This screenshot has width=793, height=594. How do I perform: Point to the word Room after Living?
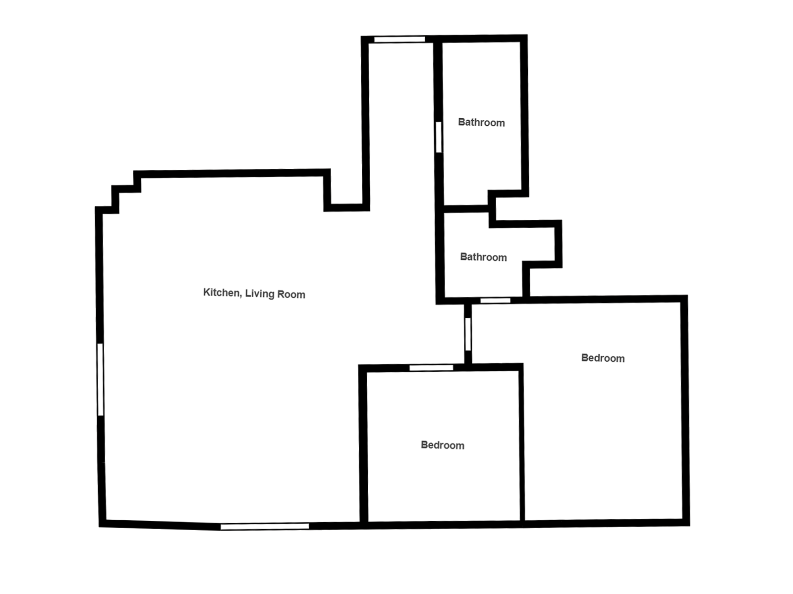291,295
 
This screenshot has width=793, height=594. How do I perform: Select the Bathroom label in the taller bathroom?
481,123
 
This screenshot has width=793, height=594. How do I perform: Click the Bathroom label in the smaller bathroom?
483,257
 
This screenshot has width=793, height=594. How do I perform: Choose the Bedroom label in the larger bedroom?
603,358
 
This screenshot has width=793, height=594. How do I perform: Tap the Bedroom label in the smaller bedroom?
443,445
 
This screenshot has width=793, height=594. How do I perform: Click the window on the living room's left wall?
101,379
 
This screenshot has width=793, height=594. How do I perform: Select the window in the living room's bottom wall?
265,527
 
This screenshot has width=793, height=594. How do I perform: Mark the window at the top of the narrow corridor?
399,39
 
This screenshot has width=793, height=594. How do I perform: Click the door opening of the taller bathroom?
439,137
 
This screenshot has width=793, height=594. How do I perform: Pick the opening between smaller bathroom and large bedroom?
495,300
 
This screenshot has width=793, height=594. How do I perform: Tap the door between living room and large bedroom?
468,334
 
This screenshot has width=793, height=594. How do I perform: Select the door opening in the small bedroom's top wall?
431,367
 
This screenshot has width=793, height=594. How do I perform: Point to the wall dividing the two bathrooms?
466,208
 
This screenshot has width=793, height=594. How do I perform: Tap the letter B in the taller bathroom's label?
461,122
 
